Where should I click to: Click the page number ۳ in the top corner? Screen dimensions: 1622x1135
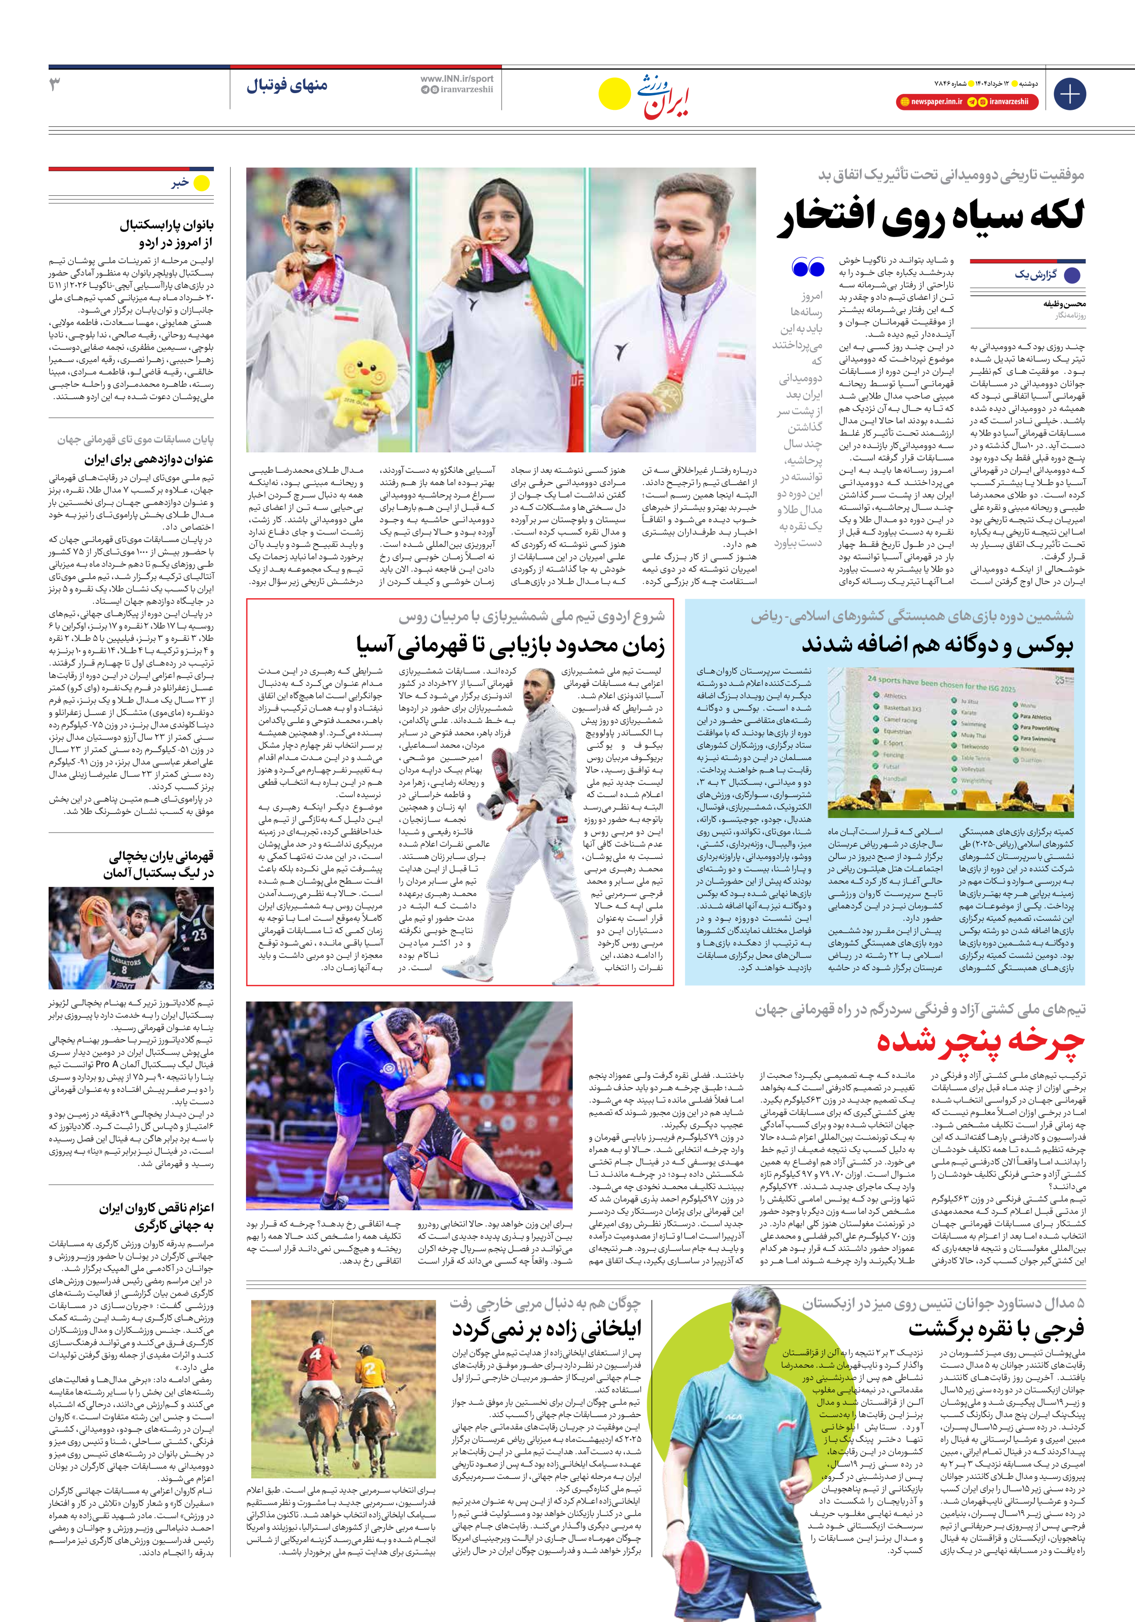[x=55, y=84]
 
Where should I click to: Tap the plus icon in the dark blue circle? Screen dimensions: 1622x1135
[x=1069, y=94]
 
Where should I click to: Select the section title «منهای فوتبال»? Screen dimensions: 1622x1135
[x=287, y=85]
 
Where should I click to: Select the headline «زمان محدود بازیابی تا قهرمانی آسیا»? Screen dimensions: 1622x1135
[x=510, y=645]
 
